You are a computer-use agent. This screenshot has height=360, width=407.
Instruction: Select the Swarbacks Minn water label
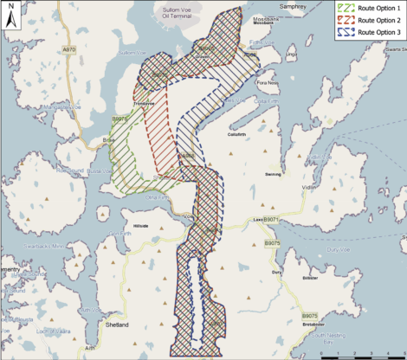46,247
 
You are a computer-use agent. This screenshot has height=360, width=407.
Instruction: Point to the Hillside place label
143,226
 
